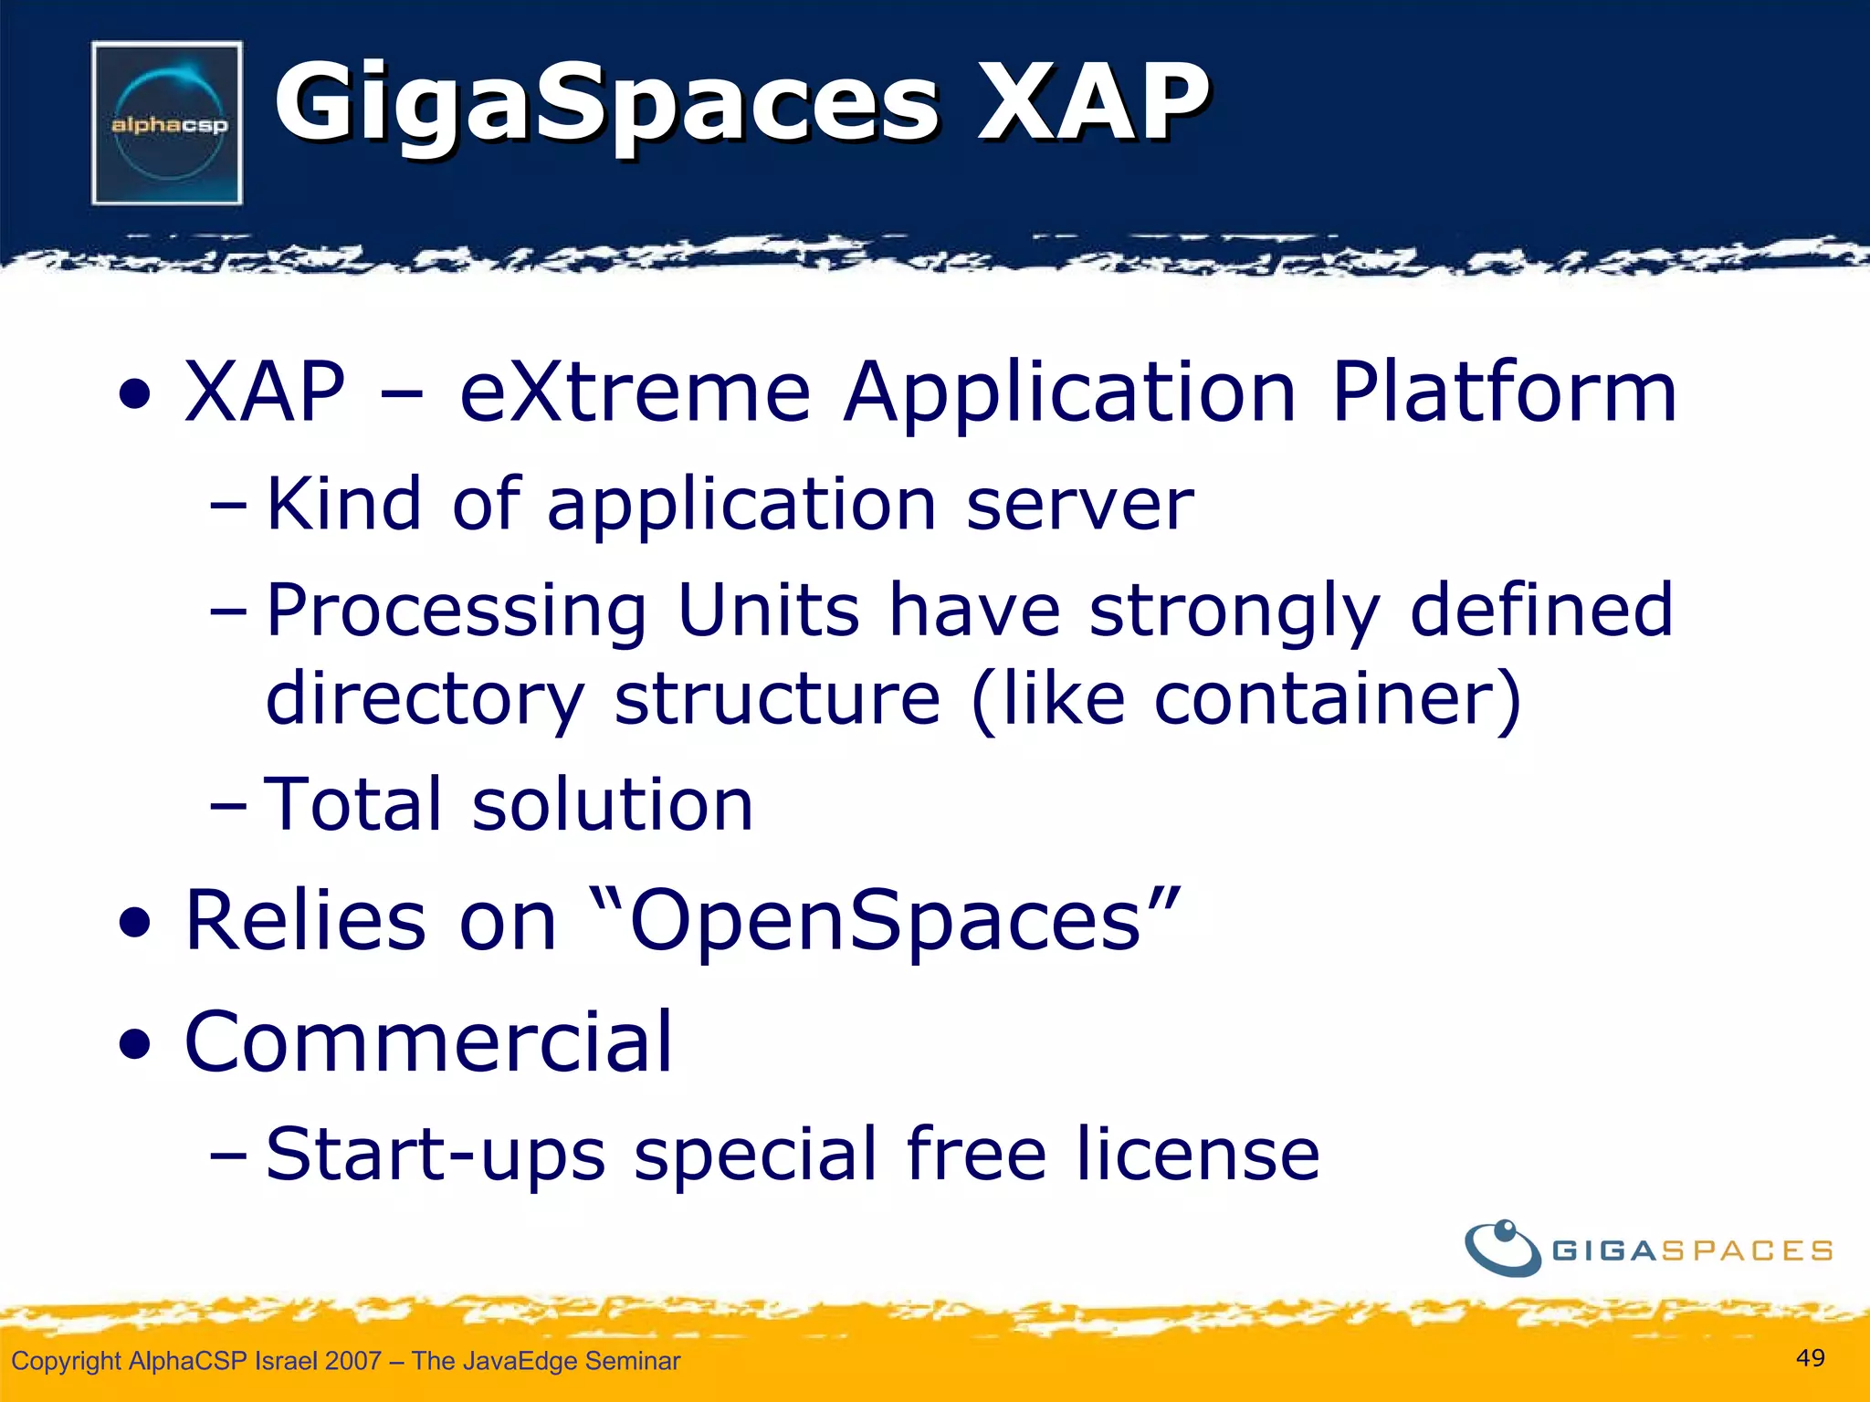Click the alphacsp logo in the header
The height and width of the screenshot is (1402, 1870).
(167, 123)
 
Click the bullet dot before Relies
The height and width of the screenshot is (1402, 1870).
(134, 924)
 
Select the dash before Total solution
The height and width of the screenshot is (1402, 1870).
(227, 807)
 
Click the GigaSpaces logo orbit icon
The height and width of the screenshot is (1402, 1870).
(1502, 1249)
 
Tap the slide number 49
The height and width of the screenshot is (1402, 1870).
(1810, 1358)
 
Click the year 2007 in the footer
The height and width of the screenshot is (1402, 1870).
(352, 1361)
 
